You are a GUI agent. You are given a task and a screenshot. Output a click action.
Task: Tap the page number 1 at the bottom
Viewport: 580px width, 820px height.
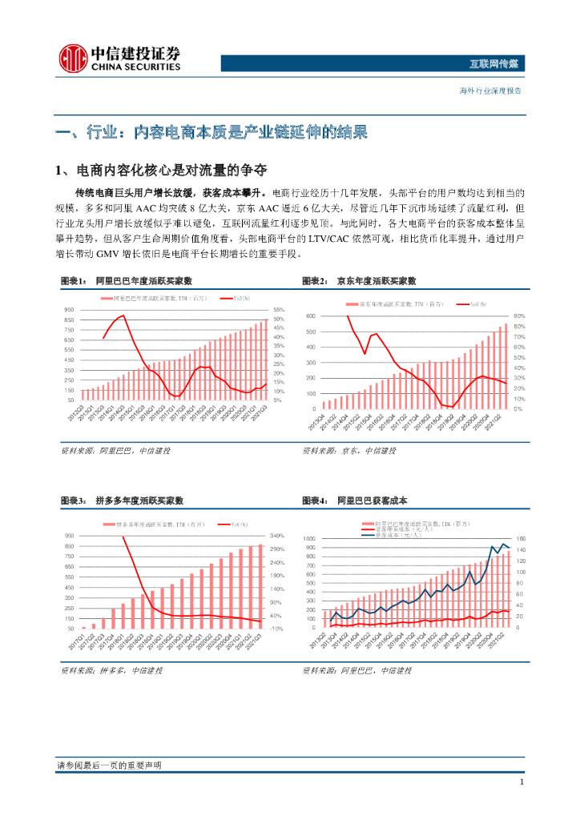pyautogui.click(x=522, y=782)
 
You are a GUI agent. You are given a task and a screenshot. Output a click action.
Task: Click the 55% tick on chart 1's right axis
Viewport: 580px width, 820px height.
pyautogui.click(x=279, y=310)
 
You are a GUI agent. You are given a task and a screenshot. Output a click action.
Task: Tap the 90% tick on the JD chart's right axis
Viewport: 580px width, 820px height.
pyautogui.click(x=519, y=317)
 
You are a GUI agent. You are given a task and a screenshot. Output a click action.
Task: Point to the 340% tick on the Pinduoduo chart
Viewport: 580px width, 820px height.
pyautogui.click(x=279, y=536)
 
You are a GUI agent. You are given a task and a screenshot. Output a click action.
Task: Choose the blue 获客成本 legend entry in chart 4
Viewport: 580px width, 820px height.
pyautogui.click(x=398, y=535)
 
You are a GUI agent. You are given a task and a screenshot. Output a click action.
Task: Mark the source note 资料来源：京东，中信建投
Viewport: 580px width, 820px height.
pyautogui.click(x=349, y=451)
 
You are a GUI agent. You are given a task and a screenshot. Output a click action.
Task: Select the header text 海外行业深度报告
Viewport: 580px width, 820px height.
pyautogui.click(x=489, y=90)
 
